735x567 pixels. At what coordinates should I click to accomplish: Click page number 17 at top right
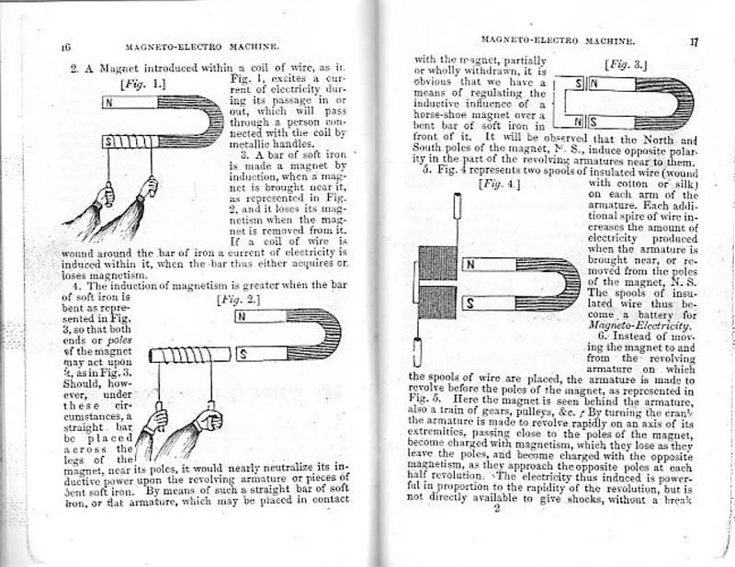click(x=695, y=41)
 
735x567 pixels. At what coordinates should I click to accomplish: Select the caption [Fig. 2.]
click(x=233, y=299)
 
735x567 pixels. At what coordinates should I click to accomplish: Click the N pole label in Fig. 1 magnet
click(x=108, y=102)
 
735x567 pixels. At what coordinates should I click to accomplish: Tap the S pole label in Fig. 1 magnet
click(x=109, y=141)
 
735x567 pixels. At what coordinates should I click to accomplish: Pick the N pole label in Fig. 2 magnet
click(x=242, y=317)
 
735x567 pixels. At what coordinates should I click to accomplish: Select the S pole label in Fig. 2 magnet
click(x=242, y=352)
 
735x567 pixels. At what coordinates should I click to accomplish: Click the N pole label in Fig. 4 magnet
click(x=469, y=266)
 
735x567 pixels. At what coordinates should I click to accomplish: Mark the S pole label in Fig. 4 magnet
click(x=469, y=301)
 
